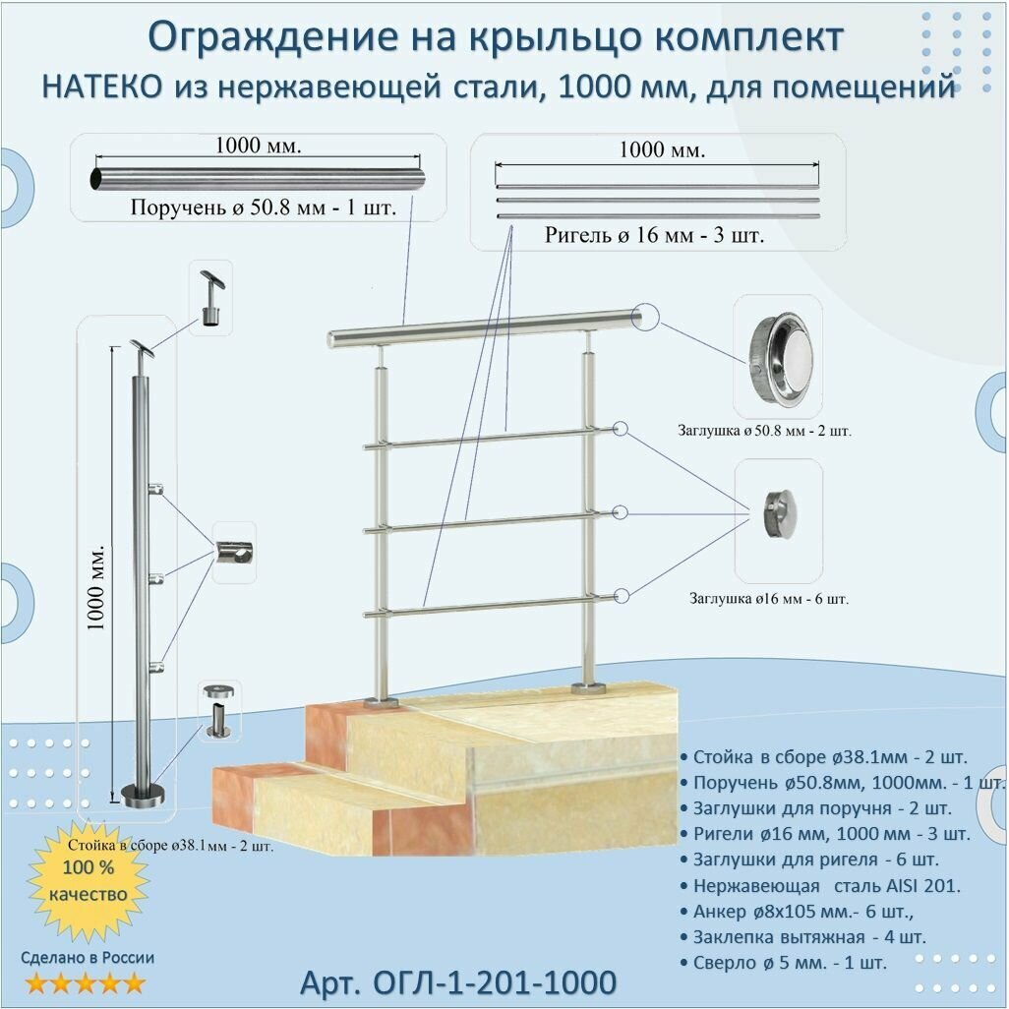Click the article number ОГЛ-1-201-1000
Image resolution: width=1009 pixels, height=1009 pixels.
coord(458,981)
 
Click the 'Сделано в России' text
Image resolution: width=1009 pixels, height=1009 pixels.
coord(89,957)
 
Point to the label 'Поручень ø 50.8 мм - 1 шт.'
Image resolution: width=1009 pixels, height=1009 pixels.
coord(258,208)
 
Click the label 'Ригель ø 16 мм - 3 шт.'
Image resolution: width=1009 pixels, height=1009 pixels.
coord(655,236)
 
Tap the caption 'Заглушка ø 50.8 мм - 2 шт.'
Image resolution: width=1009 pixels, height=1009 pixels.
coord(764,430)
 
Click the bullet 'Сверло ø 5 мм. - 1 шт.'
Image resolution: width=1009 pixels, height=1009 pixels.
coord(788,961)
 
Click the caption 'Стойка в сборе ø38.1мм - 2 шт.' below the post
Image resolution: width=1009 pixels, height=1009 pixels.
coord(170,844)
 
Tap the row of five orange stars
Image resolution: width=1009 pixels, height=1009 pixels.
coord(85,982)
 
